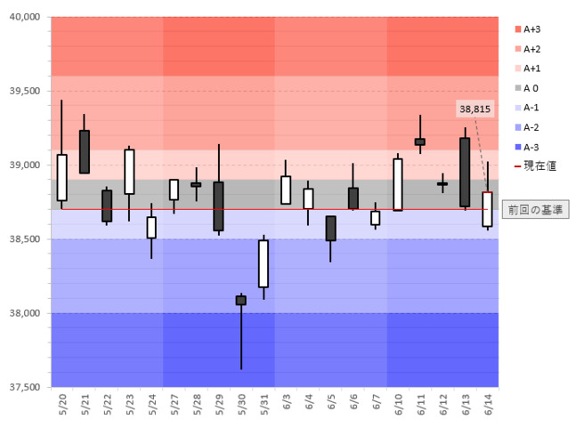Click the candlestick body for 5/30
coord(241,301)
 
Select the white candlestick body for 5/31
coord(264,263)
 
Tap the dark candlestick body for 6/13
coord(465,173)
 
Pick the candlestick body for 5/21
coord(84,151)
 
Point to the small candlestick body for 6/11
coord(420,141)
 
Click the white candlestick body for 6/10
coord(397,185)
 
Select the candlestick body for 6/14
coord(488,209)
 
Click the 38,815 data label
coord(475,109)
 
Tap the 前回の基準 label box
coord(535,210)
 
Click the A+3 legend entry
coord(528,29)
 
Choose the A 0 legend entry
coord(526,88)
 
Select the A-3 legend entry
coord(527,148)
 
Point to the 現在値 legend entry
coord(535,166)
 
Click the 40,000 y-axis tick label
coord(25,17)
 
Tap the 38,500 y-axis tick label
coord(25,239)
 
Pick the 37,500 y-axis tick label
coord(25,387)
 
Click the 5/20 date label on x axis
coord(62,404)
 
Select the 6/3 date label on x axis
coord(287,402)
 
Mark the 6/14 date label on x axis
coord(488,404)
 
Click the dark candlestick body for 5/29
coord(219,206)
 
